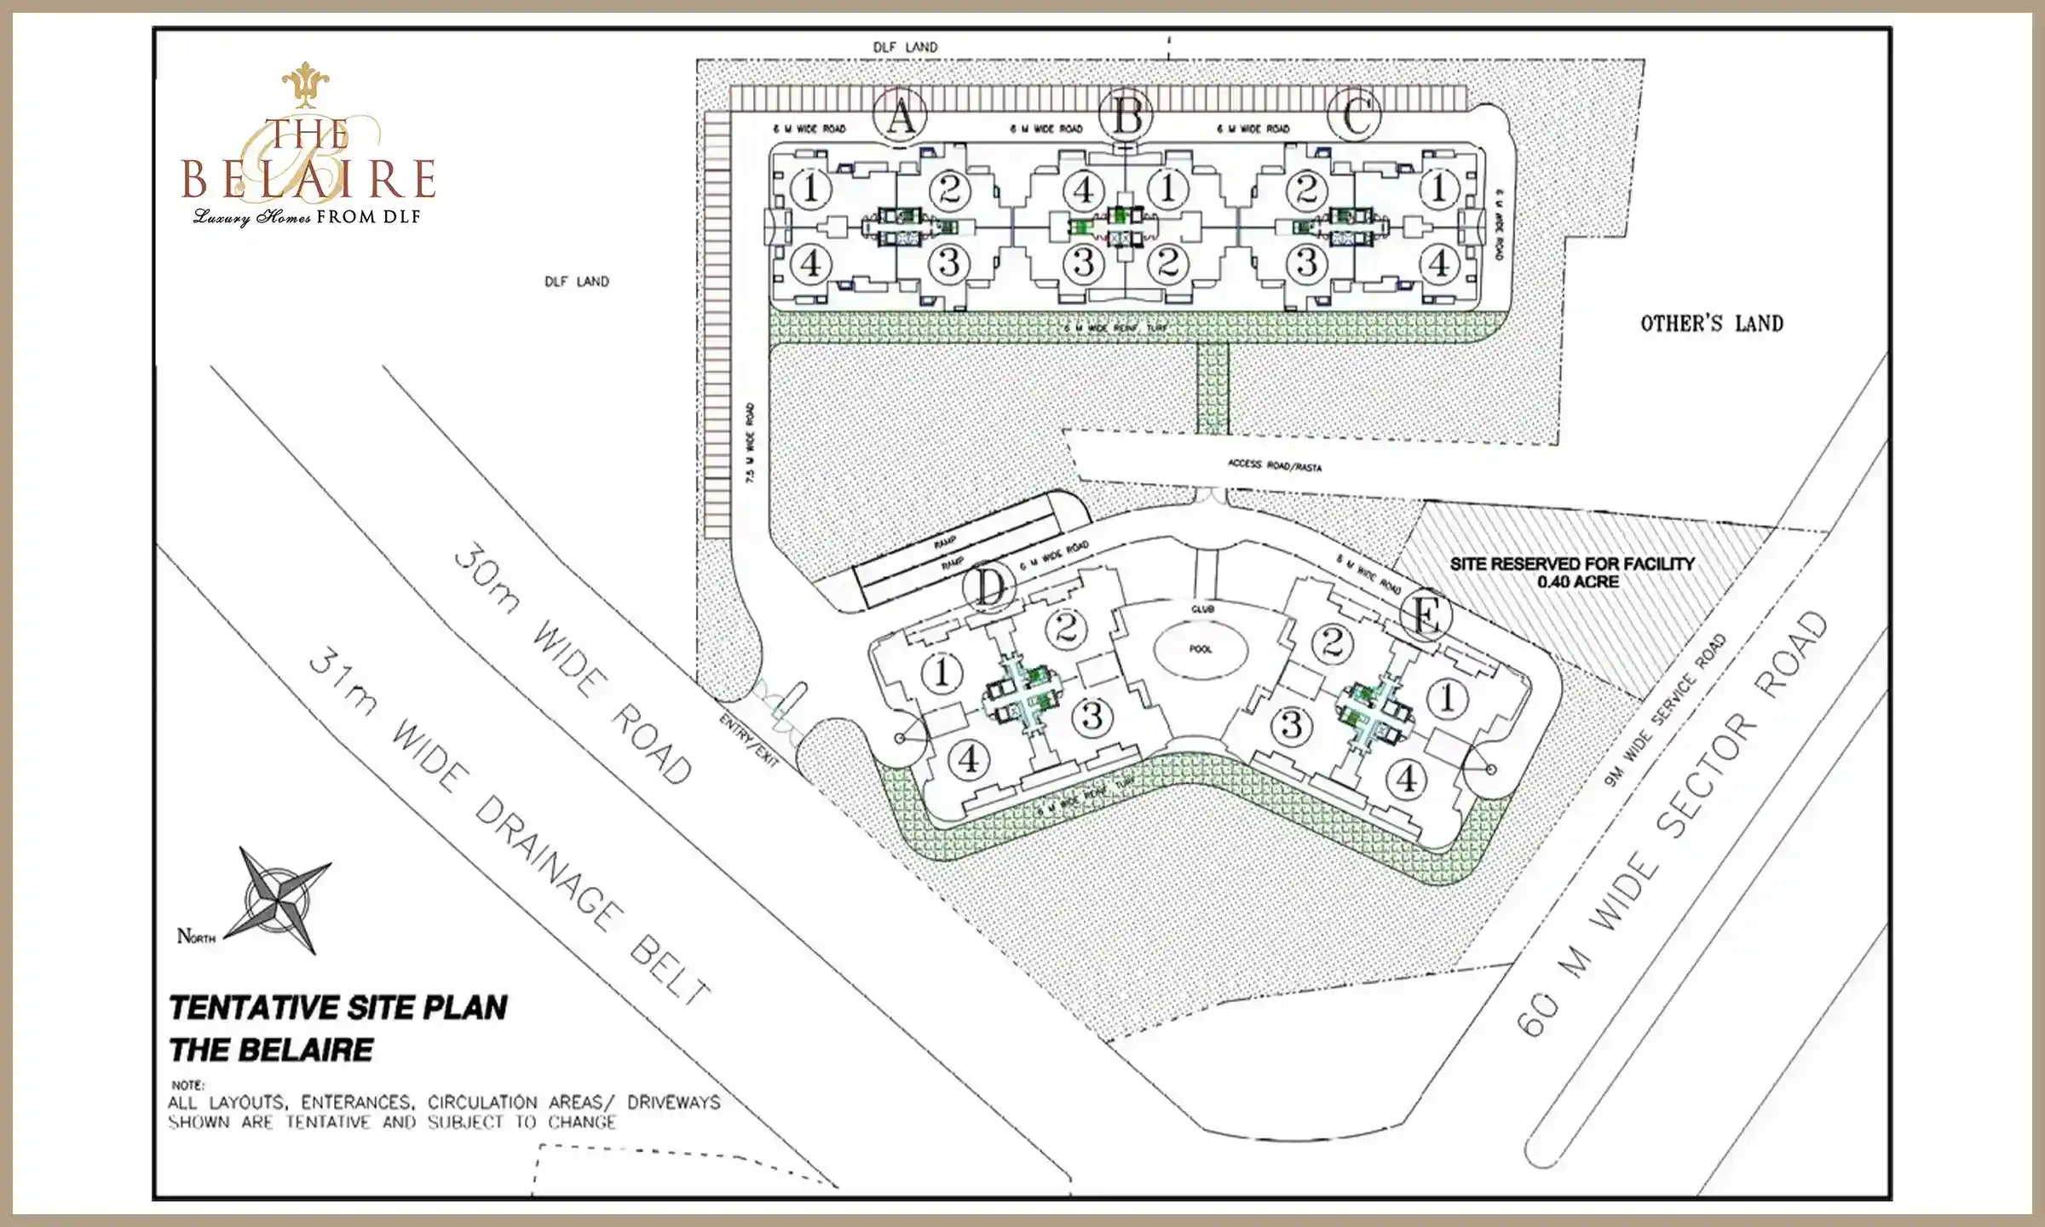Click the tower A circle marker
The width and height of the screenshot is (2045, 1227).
901,116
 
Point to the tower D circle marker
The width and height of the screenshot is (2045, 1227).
989,587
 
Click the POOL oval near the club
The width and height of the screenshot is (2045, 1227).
1200,649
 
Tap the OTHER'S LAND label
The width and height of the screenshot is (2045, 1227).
1711,324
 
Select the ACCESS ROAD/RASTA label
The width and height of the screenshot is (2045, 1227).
1274,465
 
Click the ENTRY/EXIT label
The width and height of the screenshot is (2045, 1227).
748,740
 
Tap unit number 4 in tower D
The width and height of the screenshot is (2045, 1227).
968,758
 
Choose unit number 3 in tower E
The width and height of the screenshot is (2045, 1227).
1291,725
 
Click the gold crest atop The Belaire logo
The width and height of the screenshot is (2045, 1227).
305,84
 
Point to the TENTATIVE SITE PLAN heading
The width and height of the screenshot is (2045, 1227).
337,1008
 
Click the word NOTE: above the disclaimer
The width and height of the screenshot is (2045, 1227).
187,1085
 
